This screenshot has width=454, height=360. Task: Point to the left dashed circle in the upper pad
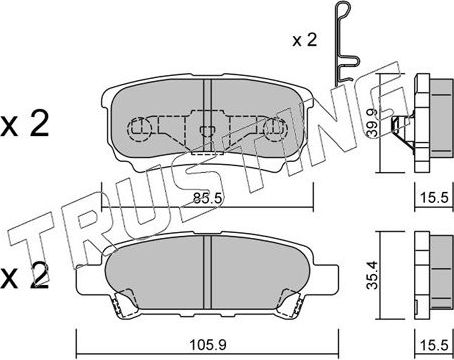[x=140, y=128]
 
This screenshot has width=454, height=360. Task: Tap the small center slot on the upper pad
[x=206, y=128]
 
